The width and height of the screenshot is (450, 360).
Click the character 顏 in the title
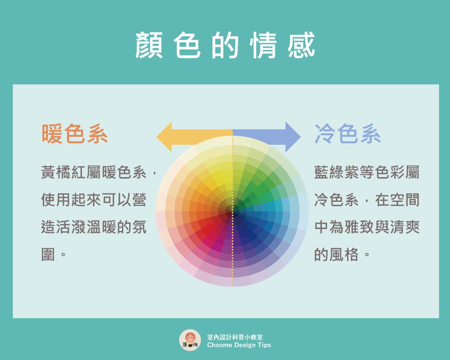click(149, 45)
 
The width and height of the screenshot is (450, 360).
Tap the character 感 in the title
click(301, 45)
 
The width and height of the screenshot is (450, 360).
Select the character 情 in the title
click(263, 45)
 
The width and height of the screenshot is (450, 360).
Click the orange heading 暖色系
click(75, 134)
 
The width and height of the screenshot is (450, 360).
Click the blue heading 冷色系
click(348, 134)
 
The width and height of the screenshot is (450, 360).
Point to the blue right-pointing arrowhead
click(293, 137)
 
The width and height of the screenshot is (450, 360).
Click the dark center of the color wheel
click(232, 211)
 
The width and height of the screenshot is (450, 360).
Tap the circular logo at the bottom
click(190, 340)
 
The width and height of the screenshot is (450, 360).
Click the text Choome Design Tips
click(239, 345)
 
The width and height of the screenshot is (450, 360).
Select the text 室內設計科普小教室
click(235, 337)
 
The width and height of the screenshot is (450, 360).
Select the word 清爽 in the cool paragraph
click(405, 227)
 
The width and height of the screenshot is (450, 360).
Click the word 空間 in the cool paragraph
click(405, 200)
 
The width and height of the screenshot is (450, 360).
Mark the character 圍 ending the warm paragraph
click(48, 254)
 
